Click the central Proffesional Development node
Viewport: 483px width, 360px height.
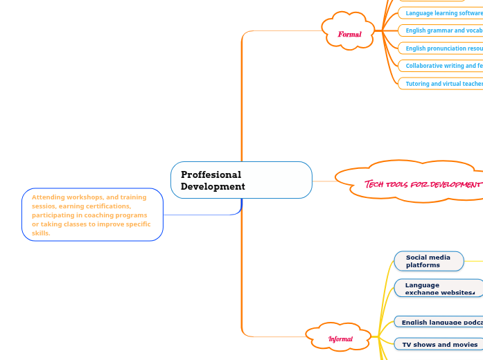click(241, 180)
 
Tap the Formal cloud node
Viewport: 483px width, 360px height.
click(349, 34)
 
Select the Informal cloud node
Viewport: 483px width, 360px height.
click(340, 339)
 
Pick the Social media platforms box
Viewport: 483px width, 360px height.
click(429, 261)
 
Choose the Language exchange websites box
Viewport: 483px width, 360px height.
click(439, 288)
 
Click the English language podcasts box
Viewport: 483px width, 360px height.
click(439, 322)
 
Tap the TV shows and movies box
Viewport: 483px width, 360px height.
click(440, 344)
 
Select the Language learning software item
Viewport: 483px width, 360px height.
click(442, 13)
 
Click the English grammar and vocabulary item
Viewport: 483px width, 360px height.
click(442, 30)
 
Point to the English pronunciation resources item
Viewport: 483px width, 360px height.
click(442, 48)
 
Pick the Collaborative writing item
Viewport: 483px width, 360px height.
click(442, 66)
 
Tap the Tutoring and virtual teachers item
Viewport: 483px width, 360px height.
click(442, 84)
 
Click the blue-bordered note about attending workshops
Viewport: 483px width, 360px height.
click(92, 215)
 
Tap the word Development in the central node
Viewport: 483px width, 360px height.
click(213, 186)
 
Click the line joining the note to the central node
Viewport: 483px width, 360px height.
click(201, 215)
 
